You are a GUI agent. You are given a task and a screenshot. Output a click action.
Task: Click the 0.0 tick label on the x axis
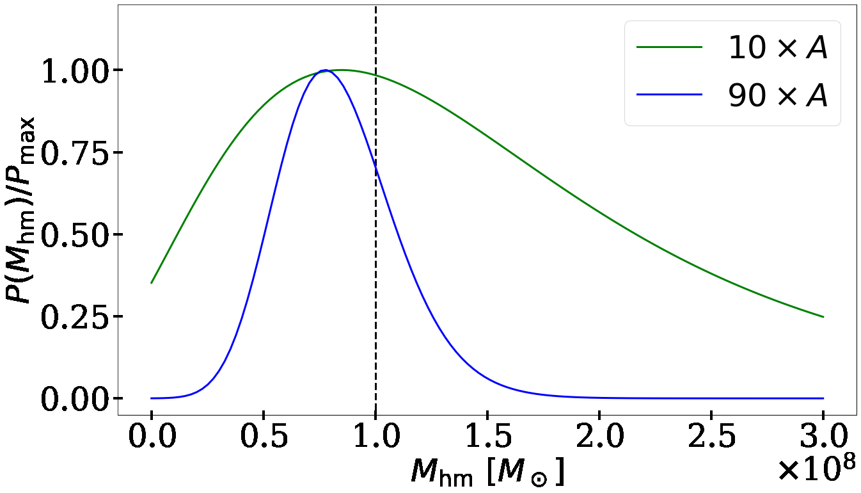152,439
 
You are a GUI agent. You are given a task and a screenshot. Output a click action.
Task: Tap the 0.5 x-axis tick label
264,439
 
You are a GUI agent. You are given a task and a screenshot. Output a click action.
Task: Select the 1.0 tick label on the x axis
375,439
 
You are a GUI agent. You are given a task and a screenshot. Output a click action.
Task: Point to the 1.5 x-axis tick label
487,439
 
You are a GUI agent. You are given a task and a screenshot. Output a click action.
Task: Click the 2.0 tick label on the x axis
599,439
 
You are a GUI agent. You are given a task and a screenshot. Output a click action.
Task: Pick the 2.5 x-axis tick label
711,439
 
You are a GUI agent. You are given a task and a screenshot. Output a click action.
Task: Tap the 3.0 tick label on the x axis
823,439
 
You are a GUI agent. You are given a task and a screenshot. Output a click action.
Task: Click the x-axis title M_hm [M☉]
487,473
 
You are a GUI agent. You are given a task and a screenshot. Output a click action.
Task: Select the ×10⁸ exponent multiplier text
816,471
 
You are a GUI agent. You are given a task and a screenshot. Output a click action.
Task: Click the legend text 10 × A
778,48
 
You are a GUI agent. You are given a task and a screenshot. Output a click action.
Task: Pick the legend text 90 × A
778,95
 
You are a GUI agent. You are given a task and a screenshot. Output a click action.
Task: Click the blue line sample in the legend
669,95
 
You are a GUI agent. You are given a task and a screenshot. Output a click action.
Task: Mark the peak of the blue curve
326,70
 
